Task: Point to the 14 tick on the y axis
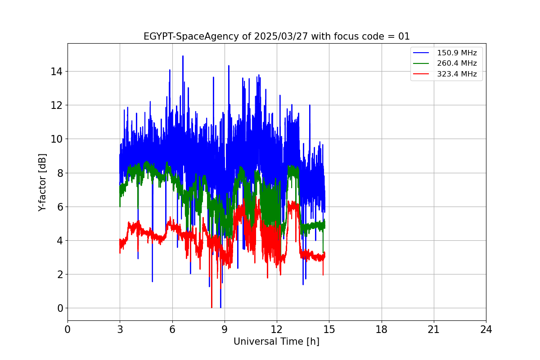(x=58, y=72)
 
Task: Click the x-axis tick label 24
(x=486, y=330)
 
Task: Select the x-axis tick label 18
(x=382, y=330)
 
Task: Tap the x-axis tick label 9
(x=225, y=330)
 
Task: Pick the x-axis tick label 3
(x=120, y=330)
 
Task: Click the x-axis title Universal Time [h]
(x=276, y=342)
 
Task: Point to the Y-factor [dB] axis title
(x=42, y=182)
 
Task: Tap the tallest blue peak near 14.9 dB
(x=183, y=56)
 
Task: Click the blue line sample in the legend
(x=421, y=53)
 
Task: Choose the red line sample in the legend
(x=421, y=74)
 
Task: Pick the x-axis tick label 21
(x=434, y=330)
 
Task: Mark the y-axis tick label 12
(x=58, y=105)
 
